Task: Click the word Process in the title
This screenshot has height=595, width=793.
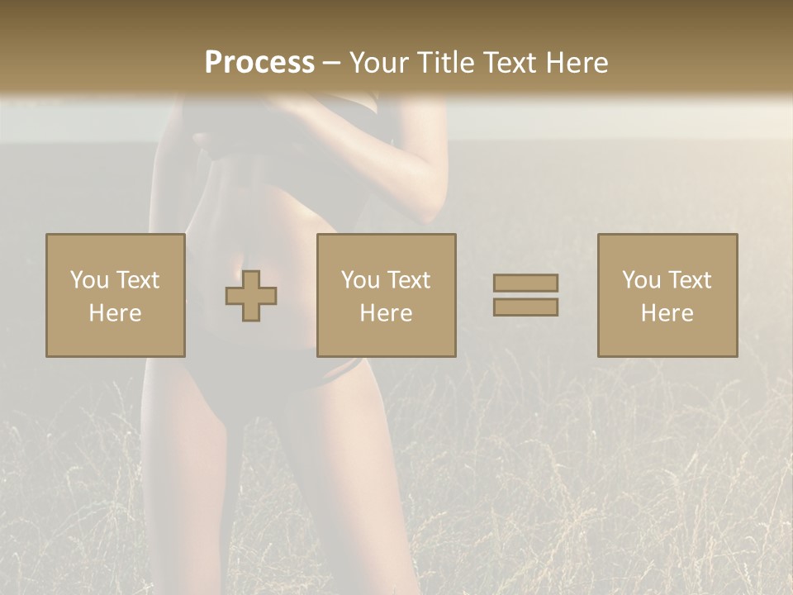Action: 259,63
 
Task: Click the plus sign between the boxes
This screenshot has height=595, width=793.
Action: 251,296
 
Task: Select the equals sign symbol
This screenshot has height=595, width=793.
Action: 525,295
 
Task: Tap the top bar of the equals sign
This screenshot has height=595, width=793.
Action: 525,283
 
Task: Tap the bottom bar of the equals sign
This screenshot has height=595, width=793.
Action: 525,307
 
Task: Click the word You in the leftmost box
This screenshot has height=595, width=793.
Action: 88,280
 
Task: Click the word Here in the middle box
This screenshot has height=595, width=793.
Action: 387,313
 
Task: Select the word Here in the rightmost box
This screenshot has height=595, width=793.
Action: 667,313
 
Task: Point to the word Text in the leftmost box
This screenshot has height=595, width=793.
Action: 137,280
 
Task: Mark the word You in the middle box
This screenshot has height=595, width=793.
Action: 359,280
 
